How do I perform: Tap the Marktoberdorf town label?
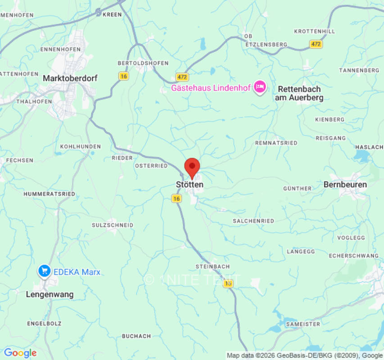tap(70, 78)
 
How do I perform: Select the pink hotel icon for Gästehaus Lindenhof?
tap(259, 87)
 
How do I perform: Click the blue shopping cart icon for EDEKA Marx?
tap(44, 271)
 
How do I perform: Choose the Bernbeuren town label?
tap(345, 184)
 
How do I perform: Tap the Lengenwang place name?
tap(50, 294)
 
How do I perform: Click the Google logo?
tap(20, 353)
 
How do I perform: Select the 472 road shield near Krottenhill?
tap(316, 44)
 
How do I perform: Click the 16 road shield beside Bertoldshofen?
tap(124, 76)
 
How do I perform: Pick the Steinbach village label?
tap(212, 266)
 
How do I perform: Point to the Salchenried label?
tap(253, 221)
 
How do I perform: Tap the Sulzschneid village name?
tap(113, 225)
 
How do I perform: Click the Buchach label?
tap(136, 336)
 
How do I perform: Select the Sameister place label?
tap(303, 324)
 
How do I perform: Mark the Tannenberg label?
tap(359, 71)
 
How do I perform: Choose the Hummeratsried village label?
tap(50, 194)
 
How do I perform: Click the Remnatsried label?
tap(276, 143)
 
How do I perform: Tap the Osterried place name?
tap(151, 166)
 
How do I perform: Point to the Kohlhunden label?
tap(81, 147)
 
